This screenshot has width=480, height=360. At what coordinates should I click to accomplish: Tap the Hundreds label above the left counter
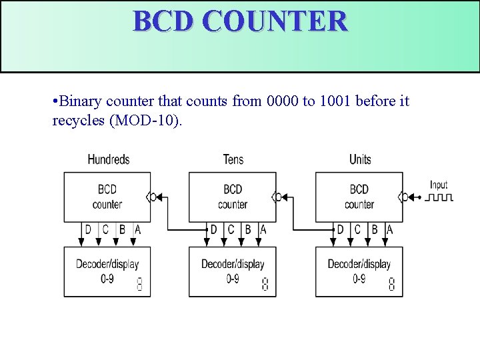pos(108,159)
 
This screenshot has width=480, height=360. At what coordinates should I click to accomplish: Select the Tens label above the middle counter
pos(233,159)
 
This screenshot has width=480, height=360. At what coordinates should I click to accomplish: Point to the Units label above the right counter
pos(360,159)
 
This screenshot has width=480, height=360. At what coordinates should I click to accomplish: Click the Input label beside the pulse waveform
pos(439,185)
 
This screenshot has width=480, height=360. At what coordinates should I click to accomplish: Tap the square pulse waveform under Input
pos(440,197)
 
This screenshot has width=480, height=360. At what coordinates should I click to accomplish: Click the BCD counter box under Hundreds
pos(107,197)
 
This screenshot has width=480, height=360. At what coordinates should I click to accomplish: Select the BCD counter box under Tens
pos(232,197)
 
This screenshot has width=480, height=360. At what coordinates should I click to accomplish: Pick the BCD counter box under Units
pos(359,197)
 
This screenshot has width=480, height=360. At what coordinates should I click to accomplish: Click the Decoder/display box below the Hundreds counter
pos(107,271)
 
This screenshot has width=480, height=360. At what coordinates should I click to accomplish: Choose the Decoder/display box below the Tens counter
pos(232,271)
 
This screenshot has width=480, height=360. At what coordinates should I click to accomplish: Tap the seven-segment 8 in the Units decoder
pos(391,285)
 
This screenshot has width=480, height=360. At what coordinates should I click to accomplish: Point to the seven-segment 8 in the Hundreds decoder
pos(139,285)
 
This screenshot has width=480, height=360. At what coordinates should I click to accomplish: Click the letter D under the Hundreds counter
pos(88,229)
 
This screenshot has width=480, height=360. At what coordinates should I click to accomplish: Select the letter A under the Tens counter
pos(263,229)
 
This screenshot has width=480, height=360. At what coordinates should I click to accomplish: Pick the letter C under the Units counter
pos(357,229)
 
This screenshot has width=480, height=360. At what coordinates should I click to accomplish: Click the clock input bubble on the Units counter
pos(404,197)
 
